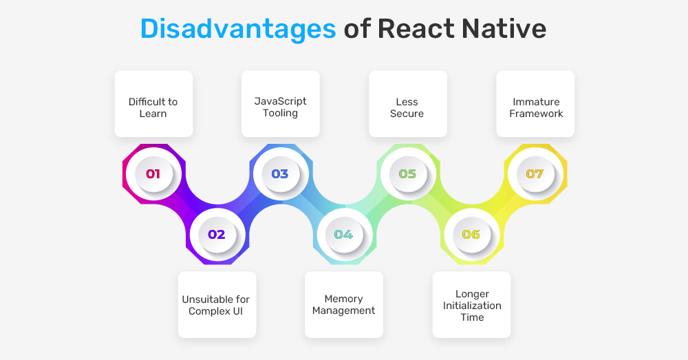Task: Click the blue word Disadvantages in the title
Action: (238, 30)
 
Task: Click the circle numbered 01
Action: (153, 174)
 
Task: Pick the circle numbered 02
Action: (217, 235)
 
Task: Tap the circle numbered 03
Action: (281, 174)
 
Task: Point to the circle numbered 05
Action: (408, 174)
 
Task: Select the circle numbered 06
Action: (472, 235)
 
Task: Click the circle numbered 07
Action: (535, 174)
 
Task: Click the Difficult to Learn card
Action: (153, 104)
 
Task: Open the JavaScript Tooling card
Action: (281, 104)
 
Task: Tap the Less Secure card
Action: (408, 104)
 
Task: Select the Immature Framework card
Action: (535, 104)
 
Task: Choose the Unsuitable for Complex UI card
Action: (217, 305)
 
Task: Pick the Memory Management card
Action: (344, 305)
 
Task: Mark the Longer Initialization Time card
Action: (472, 305)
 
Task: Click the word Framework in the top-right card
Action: (536, 114)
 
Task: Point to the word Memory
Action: (343, 299)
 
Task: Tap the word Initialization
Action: (472, 306)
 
